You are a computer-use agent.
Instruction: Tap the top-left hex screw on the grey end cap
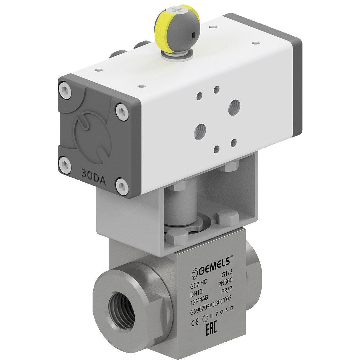pyautogui.click(x=66, y=91)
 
